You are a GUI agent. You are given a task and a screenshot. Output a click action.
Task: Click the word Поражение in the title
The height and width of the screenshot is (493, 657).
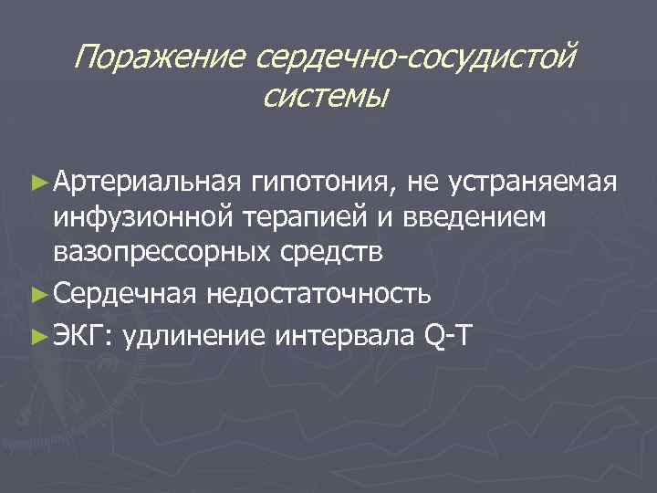click(159, 58)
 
